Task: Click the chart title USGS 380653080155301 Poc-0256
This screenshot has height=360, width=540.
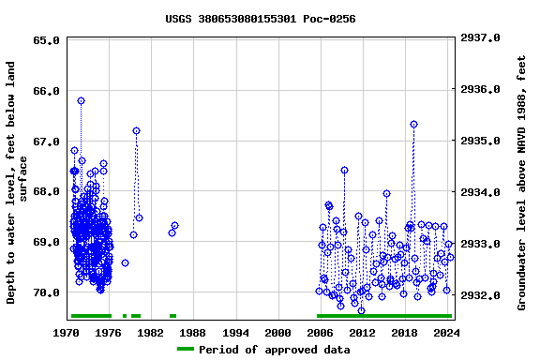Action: [x=260, y=19]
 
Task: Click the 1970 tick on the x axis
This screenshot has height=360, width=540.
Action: [x=67, y=332]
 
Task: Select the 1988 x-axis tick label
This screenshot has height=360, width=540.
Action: [x=193, y=332]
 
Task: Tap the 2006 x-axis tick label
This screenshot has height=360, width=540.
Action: [x=320, y=332]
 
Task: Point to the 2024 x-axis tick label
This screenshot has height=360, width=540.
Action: [x=446, y=332]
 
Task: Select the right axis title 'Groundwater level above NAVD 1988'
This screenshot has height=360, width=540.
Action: [x=522, y=183]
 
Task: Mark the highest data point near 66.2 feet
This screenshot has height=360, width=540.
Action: [x=81, y=100]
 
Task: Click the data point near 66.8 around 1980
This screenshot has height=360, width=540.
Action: [x=136, y=130]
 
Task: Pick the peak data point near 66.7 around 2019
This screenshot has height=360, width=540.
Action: [x=413, y=124]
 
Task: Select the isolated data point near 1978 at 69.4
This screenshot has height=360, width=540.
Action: [x=125, y=262]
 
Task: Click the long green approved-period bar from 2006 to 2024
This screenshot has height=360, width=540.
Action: [x=383, y=316]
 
